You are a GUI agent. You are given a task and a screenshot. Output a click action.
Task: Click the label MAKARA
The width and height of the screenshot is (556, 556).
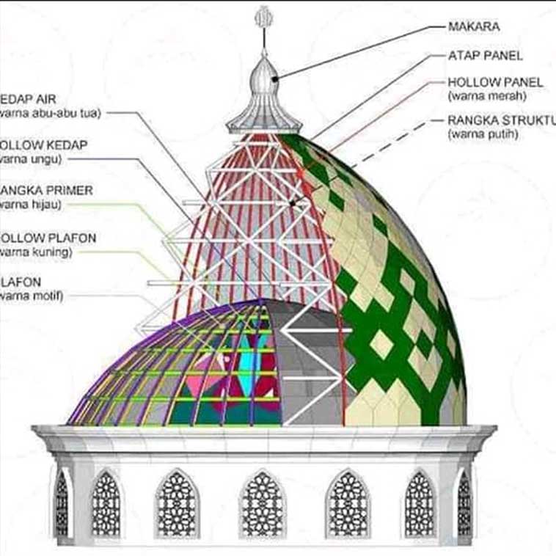[x=473, y=27]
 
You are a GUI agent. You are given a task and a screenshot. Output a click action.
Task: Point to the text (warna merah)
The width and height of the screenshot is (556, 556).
[x=486, y=96]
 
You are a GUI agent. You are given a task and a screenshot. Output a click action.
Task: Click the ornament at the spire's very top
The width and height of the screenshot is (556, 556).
[x=262, y=18]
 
